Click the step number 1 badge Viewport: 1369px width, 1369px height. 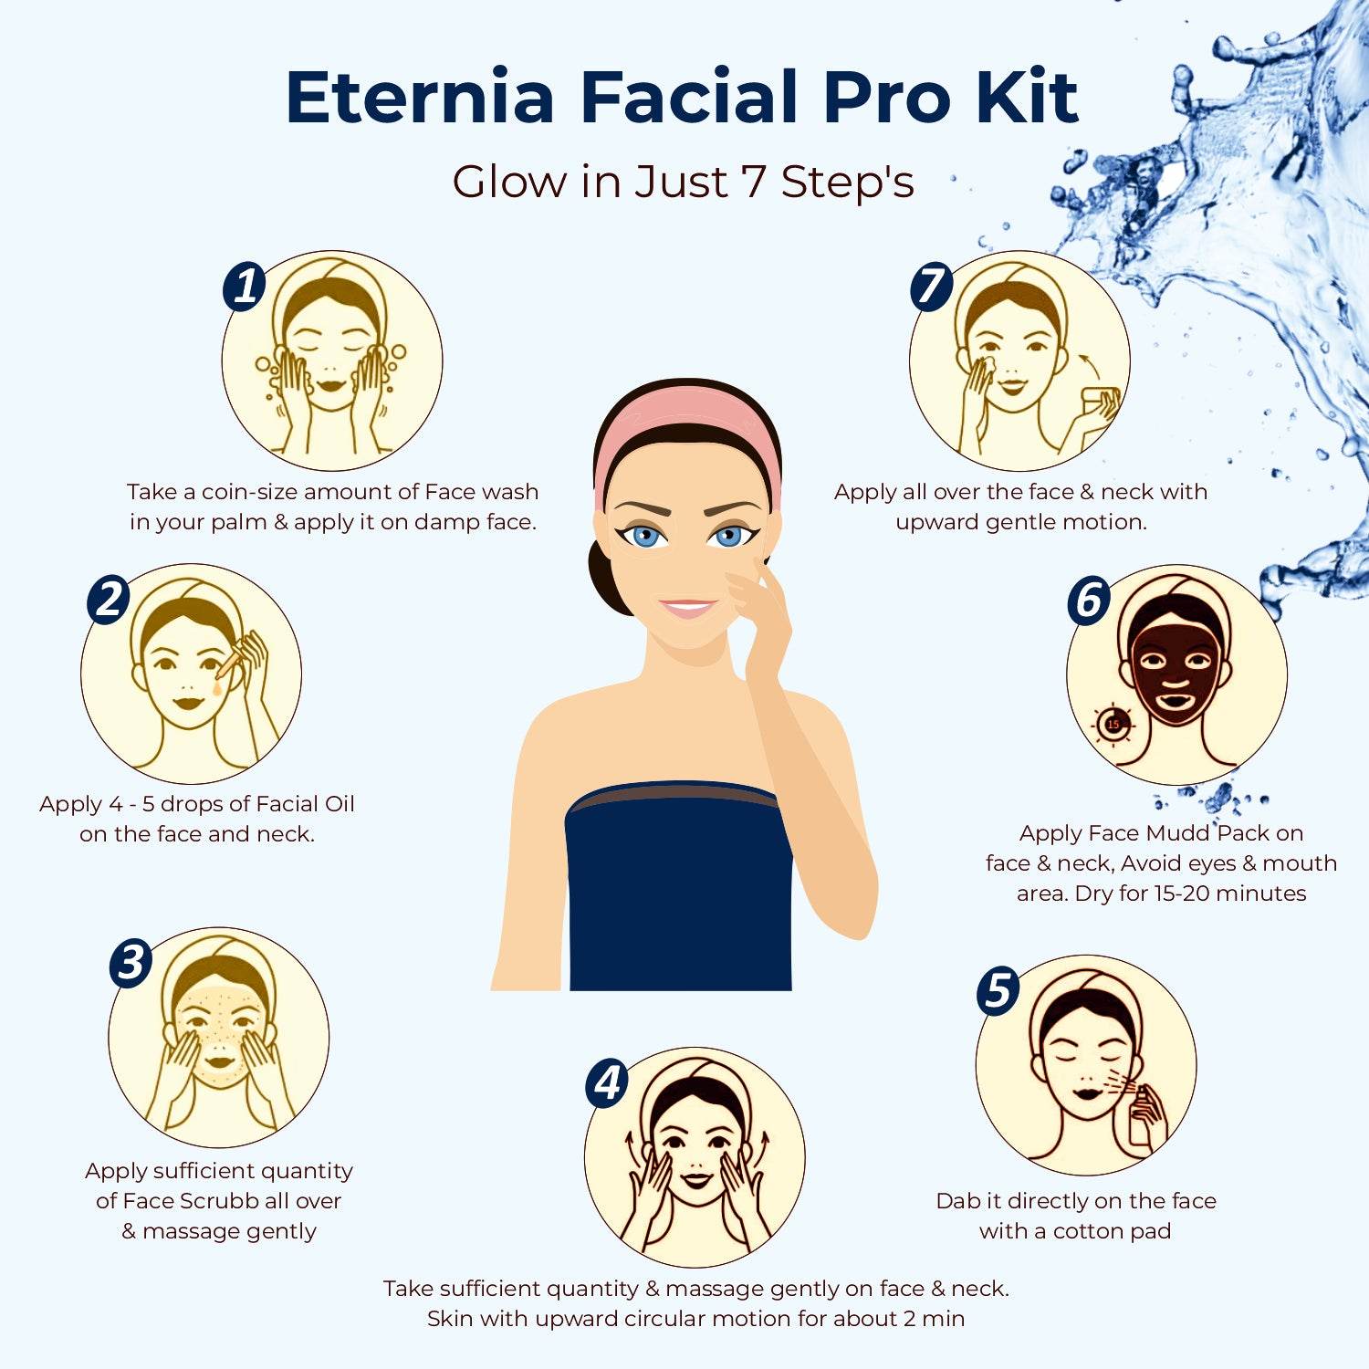click(x=245, y=287)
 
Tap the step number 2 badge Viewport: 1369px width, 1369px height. click(x=109, y=601)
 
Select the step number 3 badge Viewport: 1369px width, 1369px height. click(x=131, y=963)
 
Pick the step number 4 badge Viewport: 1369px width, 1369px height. click(x=608, y=1083)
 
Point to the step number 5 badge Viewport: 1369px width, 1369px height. click(x=998, y=991)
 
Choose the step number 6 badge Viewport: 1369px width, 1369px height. click(x=1089, y=601)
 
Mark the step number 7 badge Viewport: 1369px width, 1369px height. click(x=931, y=287)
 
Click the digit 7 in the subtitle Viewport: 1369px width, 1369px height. click(x=753, y=181)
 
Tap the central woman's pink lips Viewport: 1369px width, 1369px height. click(x=688, y=608)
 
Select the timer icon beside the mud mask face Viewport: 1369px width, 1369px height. click(x=1113, y=725)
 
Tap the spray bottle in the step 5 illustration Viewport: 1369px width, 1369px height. click(x=1144, y=1110)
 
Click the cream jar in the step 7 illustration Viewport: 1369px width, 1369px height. click(x=1099, y=402)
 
